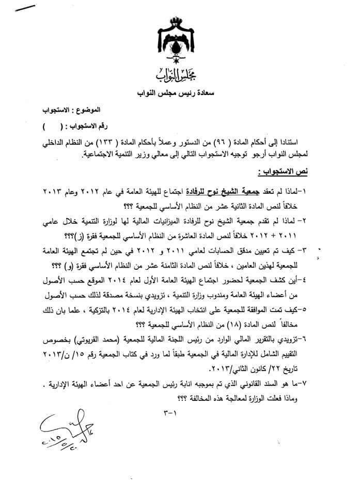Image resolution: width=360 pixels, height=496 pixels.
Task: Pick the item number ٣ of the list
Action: click(x=335, y=251)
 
